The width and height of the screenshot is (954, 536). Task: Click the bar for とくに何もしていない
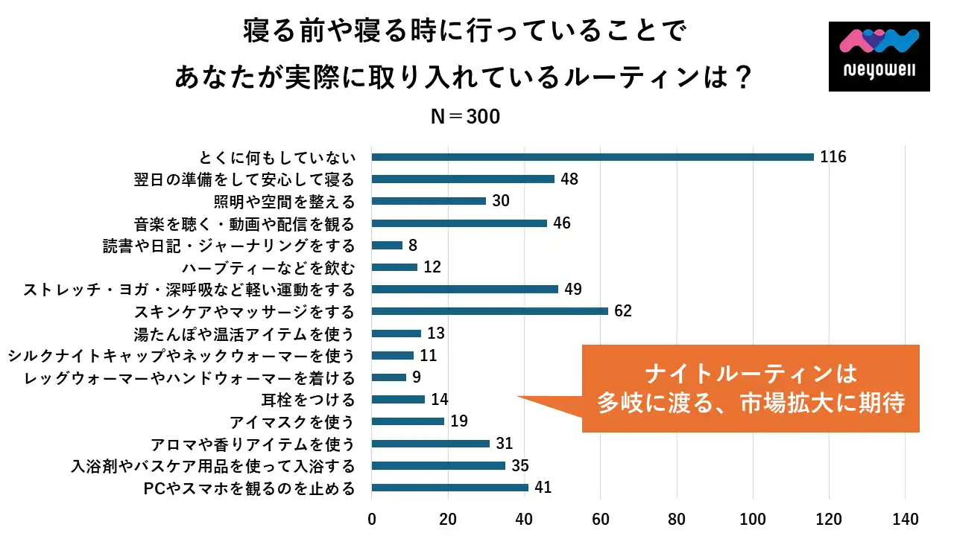(593, 157)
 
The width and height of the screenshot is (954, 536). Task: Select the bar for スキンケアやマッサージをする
(490, 311)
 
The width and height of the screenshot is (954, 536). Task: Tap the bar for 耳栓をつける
(398, 400)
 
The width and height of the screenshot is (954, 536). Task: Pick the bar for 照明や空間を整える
(429, 201)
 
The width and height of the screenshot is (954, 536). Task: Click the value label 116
(833, 157)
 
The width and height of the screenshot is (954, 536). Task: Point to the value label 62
(623, 311)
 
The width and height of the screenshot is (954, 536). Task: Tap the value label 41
(543, 488)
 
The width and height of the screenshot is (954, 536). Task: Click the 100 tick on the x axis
(754, 518)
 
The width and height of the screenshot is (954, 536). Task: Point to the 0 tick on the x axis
(372, 518)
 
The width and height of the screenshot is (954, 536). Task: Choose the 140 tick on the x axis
(906, 518)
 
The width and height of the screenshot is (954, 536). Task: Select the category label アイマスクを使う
(291, 422)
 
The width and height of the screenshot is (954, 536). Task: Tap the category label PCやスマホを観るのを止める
(248, 488)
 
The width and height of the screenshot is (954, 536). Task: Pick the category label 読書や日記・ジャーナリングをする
(229, 246)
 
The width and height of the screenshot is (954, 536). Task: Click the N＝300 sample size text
(466, 117)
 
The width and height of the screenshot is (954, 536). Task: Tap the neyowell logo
(879, 57)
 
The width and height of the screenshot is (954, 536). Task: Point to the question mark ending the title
(738, 77)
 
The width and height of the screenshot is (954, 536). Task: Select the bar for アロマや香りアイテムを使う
(431, 444)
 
